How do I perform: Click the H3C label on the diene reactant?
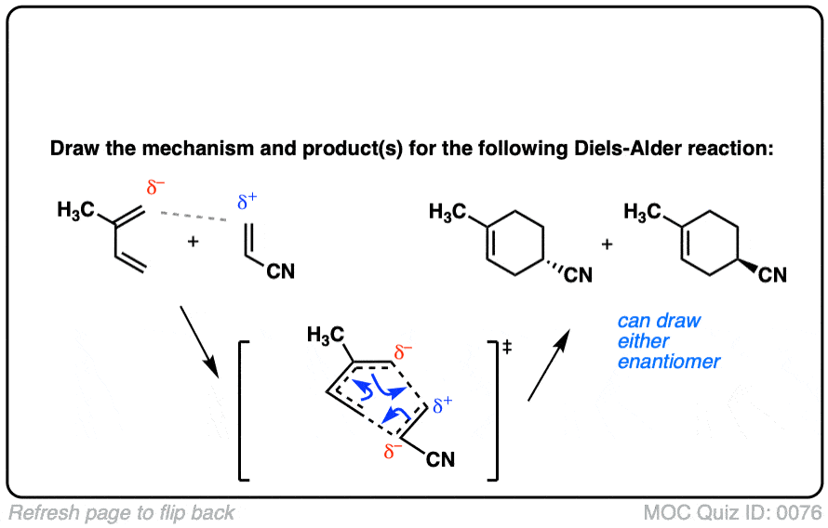coord(75,211)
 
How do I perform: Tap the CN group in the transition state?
coord(440,459)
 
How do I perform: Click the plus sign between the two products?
coord(607,244)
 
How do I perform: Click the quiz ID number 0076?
coord(800,512)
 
